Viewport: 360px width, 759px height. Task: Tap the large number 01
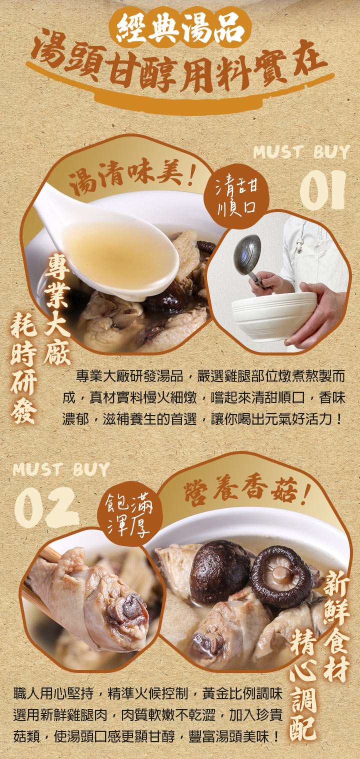click(322, 190)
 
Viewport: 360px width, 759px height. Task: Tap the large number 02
click(47, 507)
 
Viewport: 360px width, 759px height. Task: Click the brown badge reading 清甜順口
click(236, 196)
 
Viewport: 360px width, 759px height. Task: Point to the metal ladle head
click(248, 254)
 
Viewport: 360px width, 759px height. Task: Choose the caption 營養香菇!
click(246, 490)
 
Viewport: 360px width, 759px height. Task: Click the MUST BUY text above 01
click(301, 152)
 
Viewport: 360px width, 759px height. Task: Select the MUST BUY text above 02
click(61, 469)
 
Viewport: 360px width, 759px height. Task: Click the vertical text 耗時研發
click(23, 367)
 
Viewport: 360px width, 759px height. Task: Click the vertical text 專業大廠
click(57, 310)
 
